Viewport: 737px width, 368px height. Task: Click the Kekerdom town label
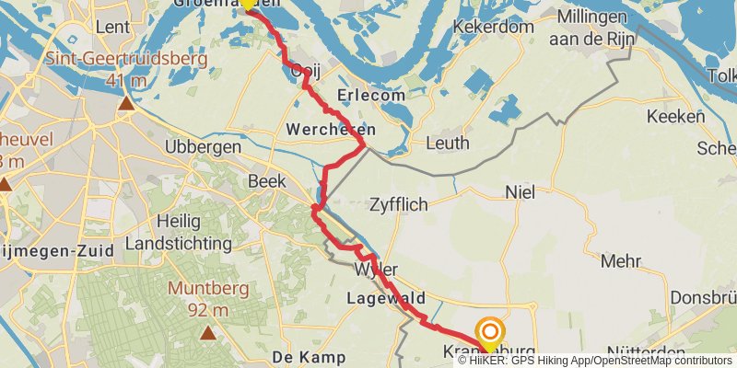click(493, 28)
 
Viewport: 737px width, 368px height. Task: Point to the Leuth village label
click(449, 143)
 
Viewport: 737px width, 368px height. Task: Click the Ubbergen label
click(202, 147)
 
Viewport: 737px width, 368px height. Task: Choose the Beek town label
click(266, 181)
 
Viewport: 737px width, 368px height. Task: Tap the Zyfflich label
click(398, 204)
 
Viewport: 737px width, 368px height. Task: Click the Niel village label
click(521, 192)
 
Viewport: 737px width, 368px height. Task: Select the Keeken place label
click(675, 117)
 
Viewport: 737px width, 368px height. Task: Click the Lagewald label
click(386, 298)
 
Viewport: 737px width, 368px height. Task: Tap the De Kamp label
click(309, 356)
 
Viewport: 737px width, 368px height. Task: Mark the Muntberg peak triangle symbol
click(208, 333)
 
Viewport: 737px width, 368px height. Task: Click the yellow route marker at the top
click(248, 4)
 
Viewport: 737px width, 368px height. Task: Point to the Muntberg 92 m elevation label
click(207, 299)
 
